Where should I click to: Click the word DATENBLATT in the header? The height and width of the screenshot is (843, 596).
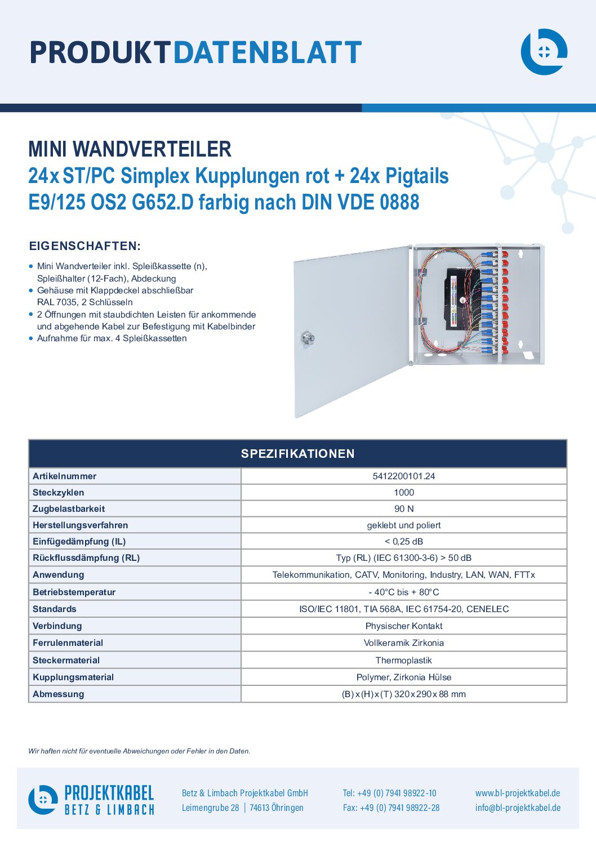click(x=268, y=52)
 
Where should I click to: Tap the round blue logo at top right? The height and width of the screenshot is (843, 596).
click(x=544, y=52)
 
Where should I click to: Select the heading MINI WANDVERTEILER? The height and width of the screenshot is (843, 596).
click(x=130, y=149)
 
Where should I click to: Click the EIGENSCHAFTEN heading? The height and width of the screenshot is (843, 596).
click(x=85, y=246)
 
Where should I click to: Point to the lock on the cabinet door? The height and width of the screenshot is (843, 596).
click(x=307, y=338)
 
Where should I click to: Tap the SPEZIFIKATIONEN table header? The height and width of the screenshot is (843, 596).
click(x=298, y=453)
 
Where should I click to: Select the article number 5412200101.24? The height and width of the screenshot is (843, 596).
click(x=403, y=476)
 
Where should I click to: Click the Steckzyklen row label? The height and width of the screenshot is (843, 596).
click(x=59, y=492)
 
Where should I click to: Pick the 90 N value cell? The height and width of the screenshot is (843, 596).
click(x=403, y=509)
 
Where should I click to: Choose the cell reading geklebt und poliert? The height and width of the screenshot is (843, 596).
click(x=403, y=525)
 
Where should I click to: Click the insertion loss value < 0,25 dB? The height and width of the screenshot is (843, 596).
click(x=403, y=541)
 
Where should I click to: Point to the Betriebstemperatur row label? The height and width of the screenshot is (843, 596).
click(x=74, y=592)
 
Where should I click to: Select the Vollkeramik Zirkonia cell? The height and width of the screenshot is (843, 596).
click(x=403, y=643)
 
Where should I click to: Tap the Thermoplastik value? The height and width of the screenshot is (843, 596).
click(x=403, y=660)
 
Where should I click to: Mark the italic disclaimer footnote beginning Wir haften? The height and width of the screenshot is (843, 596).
click(x=139, y=751)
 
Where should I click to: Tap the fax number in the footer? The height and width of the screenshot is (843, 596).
click(x=391, y=808)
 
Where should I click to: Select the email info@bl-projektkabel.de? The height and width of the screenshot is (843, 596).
click(x=518, y=808)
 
